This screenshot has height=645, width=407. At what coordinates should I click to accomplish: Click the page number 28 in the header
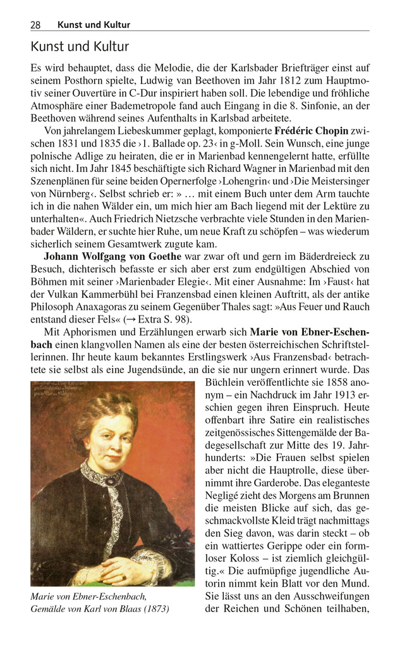click(x=35, y=25)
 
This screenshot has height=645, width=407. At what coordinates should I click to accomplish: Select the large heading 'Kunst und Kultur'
click(x=80, y=47)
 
